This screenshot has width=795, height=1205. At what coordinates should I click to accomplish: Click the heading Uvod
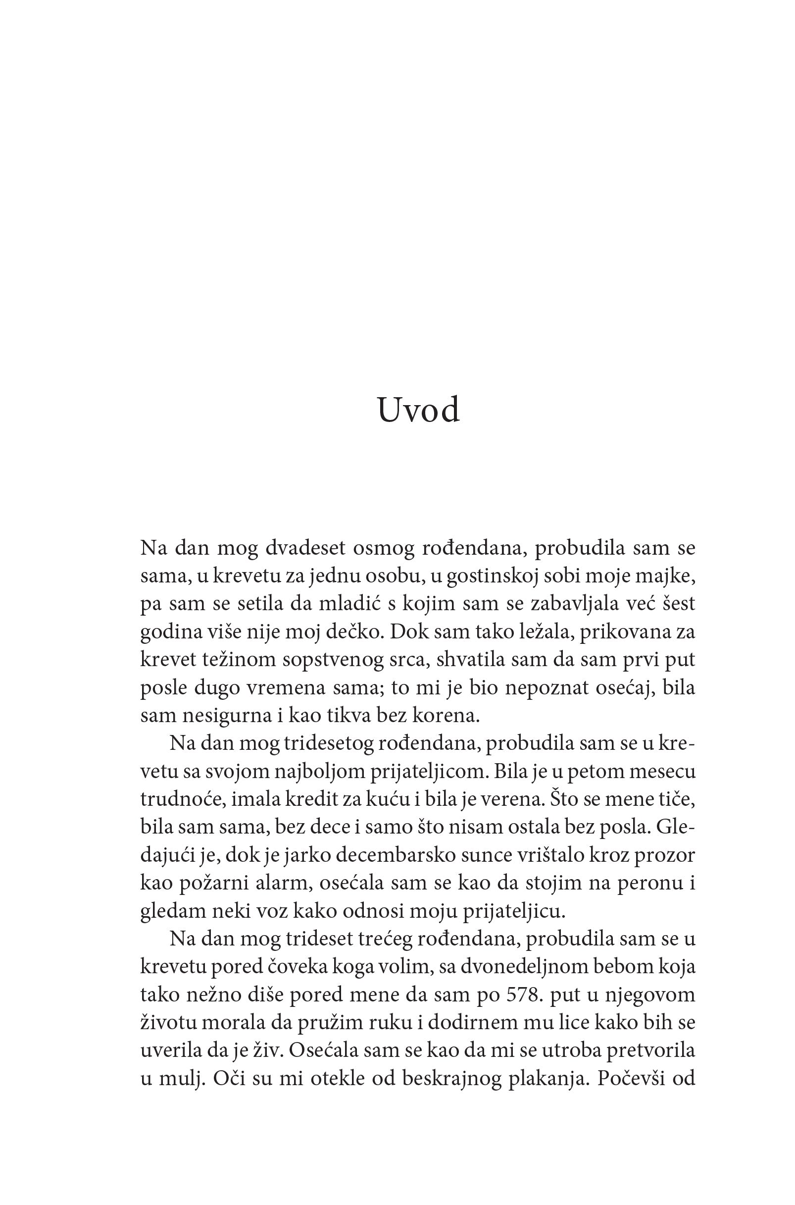click(x=419, y=410)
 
